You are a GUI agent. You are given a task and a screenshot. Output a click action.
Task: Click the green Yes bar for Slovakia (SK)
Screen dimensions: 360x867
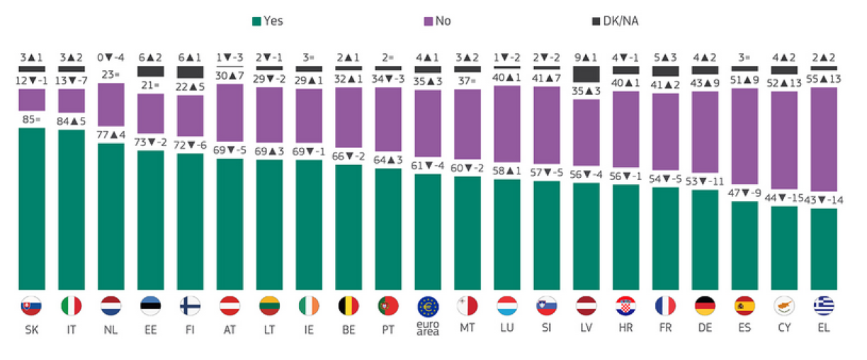(x=31, y=208)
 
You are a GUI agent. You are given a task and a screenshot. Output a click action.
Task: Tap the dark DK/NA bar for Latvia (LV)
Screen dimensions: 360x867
(x=586, y=74)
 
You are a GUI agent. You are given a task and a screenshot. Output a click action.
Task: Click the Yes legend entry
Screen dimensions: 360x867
(x=267, y=21)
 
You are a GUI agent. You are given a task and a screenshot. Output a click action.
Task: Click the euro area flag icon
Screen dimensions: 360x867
(x=428, y=305)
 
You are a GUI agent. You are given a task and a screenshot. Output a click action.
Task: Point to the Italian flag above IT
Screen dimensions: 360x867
(x=71, y=305)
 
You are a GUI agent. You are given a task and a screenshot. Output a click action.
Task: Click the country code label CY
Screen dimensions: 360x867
(x=784, y=329)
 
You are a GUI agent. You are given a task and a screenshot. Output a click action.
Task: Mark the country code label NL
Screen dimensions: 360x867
(x=110, y=329)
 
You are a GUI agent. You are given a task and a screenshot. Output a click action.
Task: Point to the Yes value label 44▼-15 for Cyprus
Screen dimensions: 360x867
(x=784, y=199)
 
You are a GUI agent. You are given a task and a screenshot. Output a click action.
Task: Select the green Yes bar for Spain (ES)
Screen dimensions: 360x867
(x=744, y=245)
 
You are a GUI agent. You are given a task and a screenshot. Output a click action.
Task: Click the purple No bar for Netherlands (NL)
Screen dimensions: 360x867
(x=110, y=113)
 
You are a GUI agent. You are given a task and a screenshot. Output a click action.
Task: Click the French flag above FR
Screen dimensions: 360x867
(x=666, y=305)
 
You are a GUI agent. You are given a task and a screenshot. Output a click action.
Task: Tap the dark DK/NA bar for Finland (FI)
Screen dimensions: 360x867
(x=190, y=72)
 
